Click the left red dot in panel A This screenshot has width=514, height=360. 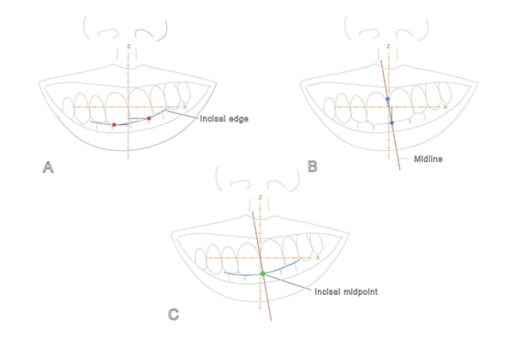(114, 125)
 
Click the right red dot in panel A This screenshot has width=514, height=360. (149, 118)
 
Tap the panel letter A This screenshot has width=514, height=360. (49, 168)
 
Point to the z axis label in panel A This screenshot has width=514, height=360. (128, 44)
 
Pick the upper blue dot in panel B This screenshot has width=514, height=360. (388, 99)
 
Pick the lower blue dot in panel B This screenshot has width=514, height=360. (391, 123)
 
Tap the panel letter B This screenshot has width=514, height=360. (313, 167)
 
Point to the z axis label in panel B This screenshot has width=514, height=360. (388, 44)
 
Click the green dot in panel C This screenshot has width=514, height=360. (263, 273)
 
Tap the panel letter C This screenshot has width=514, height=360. (174, 315)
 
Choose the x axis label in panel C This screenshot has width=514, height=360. (317, 255)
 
